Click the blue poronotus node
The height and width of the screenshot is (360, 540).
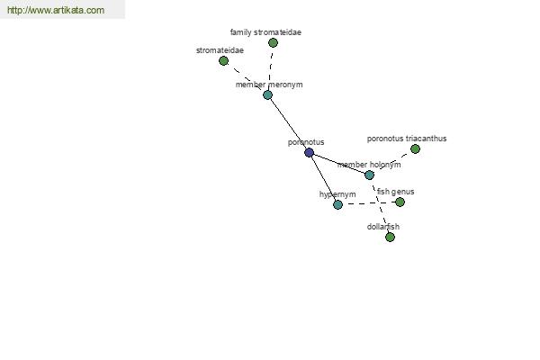click(x=309, y=152)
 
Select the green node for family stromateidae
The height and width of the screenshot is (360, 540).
click(x=273, y=42)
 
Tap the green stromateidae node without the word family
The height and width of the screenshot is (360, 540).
click(x=223, y=61)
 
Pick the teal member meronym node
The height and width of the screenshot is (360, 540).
click(x=267, y=94)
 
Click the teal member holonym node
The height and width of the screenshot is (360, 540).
click(x=369, y=175)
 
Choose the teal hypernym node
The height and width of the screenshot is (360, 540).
click(x=337, y=204)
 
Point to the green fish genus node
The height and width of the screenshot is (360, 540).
click(x=400, y=202)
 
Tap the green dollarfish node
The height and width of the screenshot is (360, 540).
click(x=390, y=237)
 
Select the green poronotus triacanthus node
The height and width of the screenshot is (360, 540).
click(x=415, y=148)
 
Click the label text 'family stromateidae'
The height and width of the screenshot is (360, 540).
click(x=265, y=32)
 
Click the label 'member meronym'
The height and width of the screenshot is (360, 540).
click(x=269, y=85)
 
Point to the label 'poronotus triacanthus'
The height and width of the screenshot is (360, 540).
click(x=407, y=139)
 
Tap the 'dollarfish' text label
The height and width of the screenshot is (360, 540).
click(x=383, y=227)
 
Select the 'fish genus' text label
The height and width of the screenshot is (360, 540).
click(x=395, y=192)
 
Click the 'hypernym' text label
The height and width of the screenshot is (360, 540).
click(x=337, y=194)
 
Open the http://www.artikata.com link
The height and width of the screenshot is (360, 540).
click(x=56, y=10)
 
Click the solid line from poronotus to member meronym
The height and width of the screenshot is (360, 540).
click(x=288, y=123)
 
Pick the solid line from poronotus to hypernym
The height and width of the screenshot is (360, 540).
click(x=323, y=178)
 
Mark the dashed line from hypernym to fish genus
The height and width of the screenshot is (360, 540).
click(x=368, y=203)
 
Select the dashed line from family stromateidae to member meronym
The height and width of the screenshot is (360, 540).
click(x=270, y=69)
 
